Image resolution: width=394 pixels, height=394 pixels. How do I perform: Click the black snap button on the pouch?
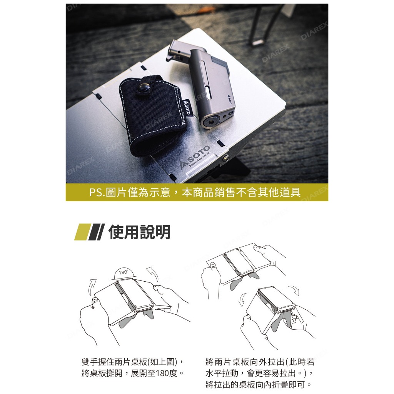tap(144, 88)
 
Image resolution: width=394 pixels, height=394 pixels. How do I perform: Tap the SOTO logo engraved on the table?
tap(195, 157)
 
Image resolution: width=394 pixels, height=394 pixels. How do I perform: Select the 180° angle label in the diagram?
tap(123, 272)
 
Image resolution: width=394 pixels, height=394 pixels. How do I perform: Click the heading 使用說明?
tap(140, 232)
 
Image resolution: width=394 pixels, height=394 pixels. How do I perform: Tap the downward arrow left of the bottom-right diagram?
tap(242, 299)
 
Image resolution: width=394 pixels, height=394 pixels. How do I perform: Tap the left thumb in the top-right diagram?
tap(212, 266)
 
